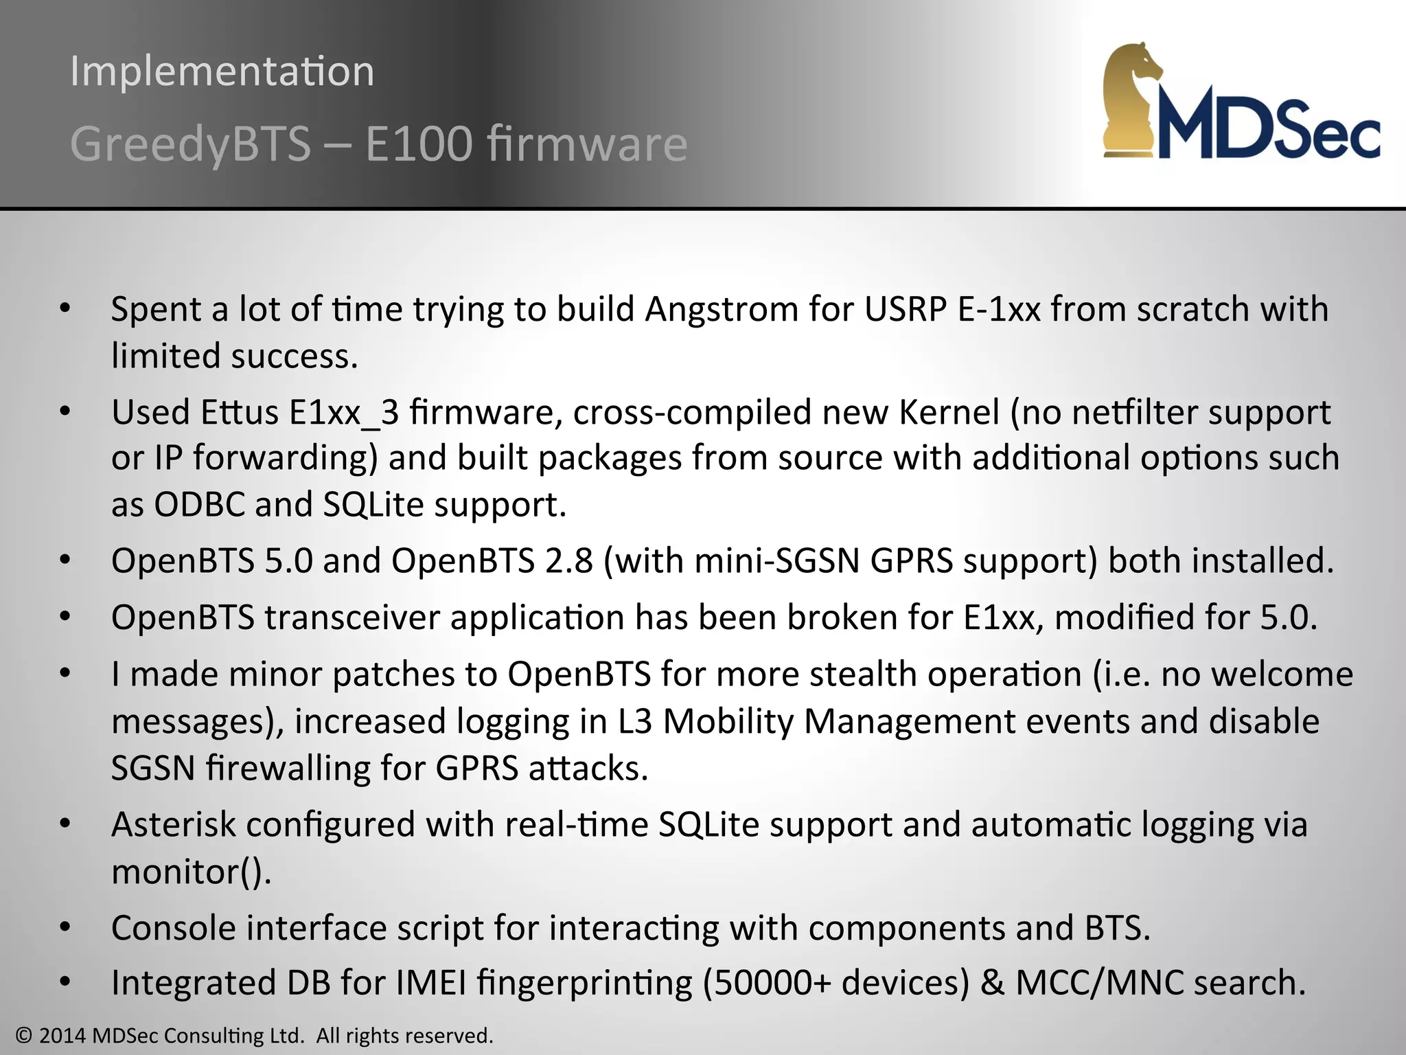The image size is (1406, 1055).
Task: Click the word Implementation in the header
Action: [222, 71]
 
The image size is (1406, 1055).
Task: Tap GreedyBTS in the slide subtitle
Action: [190, 144]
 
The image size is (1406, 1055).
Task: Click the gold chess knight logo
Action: [1132, 100]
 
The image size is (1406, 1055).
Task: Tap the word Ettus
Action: [240, 412]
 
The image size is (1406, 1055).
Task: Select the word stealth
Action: [863, 674]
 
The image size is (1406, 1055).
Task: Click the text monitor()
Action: [191, 872]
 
